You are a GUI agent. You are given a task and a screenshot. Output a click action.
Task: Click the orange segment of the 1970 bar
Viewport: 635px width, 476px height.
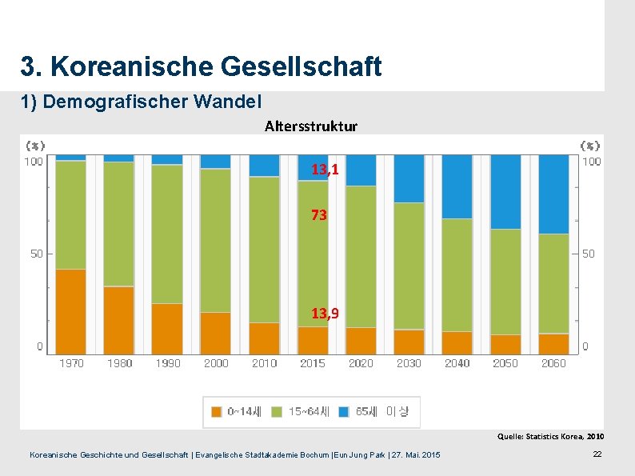[71, 311]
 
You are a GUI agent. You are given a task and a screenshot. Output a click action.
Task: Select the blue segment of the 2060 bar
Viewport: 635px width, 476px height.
[553, 194]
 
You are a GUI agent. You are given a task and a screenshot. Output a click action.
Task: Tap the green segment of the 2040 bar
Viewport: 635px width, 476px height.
[457, 274]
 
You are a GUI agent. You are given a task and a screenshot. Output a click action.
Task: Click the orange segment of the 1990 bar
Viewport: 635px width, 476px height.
[167, 328]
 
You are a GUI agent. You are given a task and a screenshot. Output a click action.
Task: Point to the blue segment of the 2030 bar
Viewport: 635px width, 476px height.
[409, 178]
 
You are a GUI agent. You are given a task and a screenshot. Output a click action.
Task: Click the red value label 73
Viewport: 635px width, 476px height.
[319, 215]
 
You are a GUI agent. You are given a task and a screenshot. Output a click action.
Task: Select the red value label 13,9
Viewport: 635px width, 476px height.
[325, 313]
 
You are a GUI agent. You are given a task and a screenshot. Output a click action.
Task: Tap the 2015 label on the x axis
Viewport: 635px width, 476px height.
[312, 363]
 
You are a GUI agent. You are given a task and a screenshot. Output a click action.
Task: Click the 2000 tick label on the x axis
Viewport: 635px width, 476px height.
[216, 363]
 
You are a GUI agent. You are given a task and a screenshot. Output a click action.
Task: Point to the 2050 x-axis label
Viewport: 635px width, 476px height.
[505, 363]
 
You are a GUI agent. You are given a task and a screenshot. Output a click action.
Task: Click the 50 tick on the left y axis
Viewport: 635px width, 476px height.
[37, 254]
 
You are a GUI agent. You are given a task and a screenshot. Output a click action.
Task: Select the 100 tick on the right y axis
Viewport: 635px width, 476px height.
[591, 162]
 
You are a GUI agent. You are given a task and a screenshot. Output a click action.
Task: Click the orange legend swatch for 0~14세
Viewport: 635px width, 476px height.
[217, 412]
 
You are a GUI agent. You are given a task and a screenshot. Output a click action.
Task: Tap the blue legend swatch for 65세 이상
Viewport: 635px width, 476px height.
[344, 412]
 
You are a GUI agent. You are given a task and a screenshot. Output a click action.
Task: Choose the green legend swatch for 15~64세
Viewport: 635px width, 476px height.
[277, 412]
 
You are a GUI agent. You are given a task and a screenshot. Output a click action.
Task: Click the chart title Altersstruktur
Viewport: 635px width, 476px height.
[311, 126]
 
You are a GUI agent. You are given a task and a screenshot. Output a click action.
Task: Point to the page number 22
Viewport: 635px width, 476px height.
[597, 454]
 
